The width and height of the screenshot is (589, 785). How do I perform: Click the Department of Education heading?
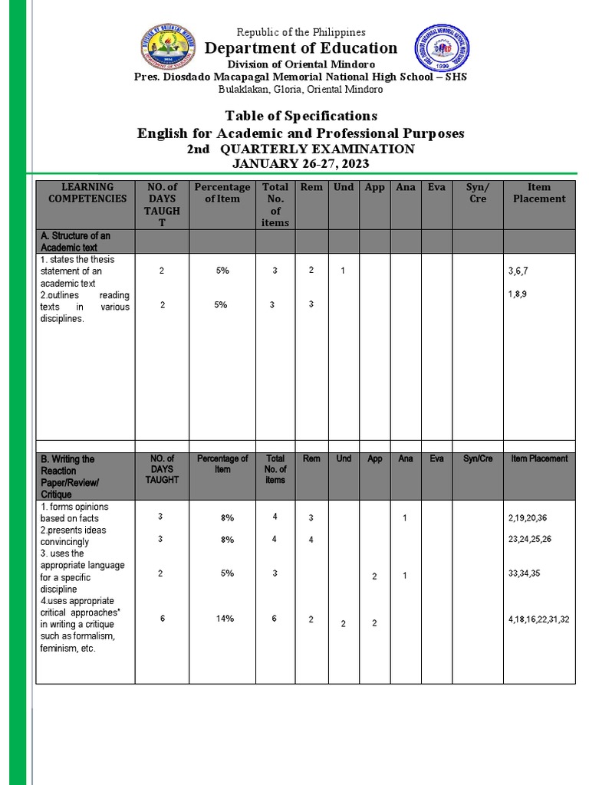coord(301,48)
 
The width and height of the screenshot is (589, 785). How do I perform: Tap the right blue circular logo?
coord(442,51)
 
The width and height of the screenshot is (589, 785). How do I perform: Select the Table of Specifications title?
coord(301,116)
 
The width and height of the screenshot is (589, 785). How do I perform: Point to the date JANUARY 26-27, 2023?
coord(301,163)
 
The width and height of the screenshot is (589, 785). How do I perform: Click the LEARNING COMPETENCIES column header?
coord(87,192)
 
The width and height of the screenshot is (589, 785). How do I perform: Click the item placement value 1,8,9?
coord(517,294)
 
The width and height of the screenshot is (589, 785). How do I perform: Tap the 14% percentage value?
coord(225,619)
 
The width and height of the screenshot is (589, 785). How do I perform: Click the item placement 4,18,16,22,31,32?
coord(538,619)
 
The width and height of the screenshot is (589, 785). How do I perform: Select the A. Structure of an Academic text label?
coord(75,241)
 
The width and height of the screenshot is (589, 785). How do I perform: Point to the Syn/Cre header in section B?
coord(477,458)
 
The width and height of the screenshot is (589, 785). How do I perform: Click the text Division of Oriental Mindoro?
coord(301,64)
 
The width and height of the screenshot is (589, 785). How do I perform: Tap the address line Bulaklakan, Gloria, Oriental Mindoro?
coord(301,89)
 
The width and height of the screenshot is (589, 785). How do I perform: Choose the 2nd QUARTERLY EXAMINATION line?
coord(301,149)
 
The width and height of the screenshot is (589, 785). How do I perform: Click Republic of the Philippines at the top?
coord(301,32)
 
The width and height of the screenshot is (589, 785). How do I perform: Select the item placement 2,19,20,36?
coord(528,518)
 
